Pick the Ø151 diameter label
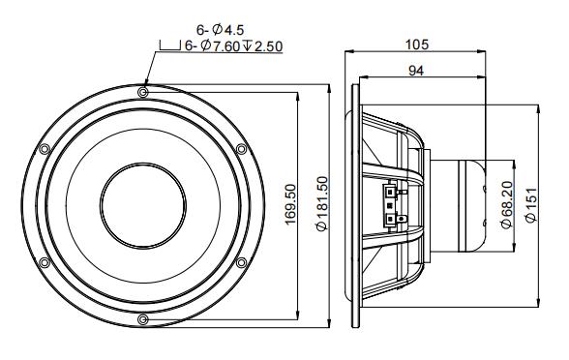click(530, 206)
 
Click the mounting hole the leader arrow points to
click(143, 92)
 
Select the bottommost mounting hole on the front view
click(143, 319)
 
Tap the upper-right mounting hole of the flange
click(241, 148)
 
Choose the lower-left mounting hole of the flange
click(44, 262)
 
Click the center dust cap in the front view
click(142, 205)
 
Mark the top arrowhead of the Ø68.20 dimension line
click(514, 162)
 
